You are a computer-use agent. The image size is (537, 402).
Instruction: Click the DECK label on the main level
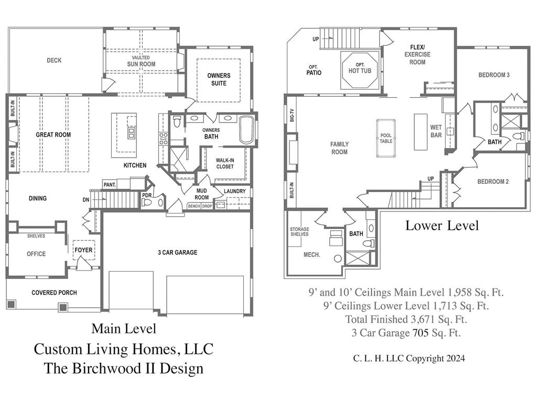coord(54,60)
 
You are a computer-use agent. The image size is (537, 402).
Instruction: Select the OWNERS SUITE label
coord(219,80)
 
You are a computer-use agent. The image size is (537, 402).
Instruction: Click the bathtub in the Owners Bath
coord(246,130)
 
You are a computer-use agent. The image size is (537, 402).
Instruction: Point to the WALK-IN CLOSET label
coord(225,164)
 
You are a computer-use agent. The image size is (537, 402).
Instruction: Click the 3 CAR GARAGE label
coord(177,253)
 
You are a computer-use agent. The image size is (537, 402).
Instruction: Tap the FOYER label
coord(83,250)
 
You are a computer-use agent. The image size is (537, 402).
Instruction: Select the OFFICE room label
coord(36,254)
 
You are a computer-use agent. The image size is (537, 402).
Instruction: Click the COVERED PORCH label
coord(54,293)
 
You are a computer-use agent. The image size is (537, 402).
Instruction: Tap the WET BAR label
coord(436,131)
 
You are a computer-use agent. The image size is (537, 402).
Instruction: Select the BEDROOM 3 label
coord(493,75)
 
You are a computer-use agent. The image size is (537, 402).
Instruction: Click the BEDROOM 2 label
coord(492,182)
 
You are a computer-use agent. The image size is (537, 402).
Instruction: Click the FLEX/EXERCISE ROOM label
coord(417,54)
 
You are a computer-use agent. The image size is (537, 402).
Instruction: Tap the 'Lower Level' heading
coord(442,226)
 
